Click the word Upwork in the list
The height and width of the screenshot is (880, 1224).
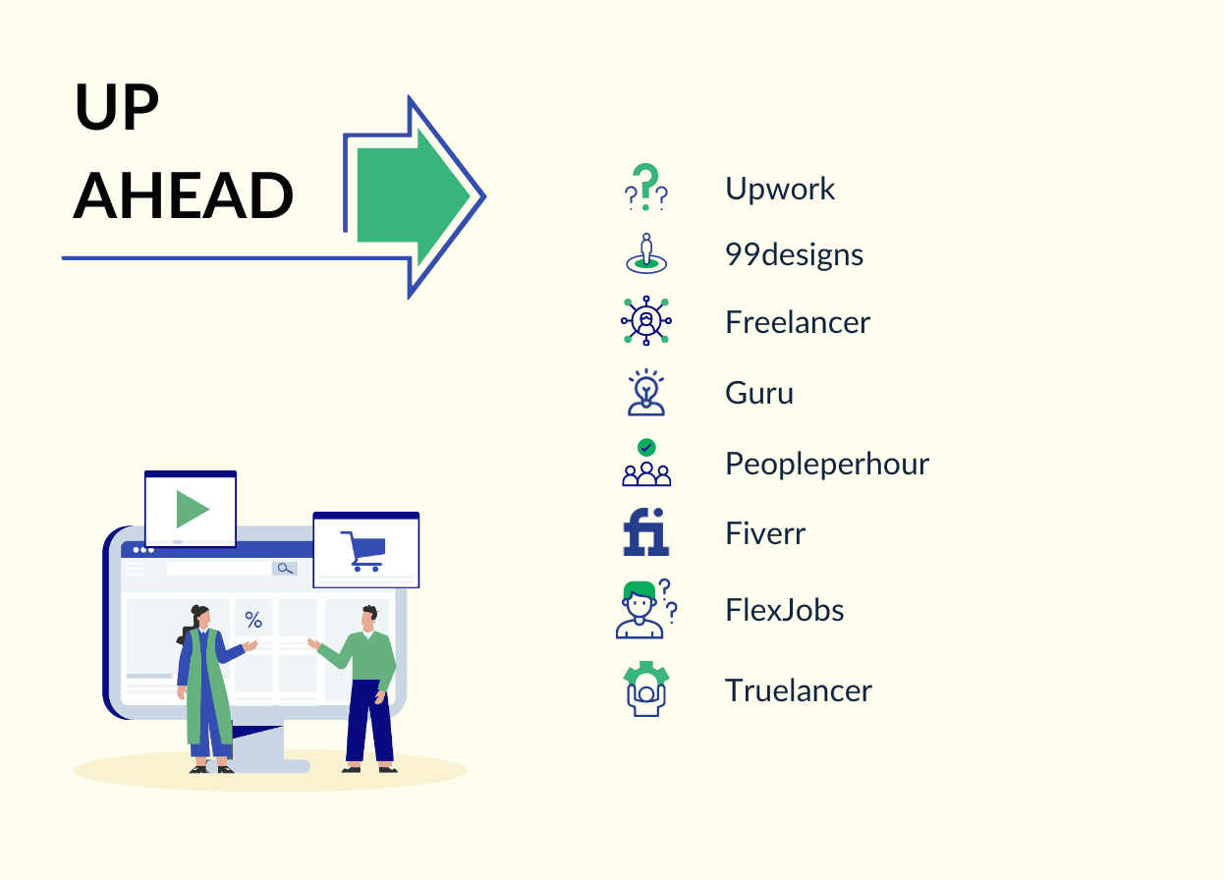[780, 189]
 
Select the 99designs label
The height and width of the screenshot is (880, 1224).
[794, 254]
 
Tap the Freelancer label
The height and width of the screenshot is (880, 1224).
[798, 322]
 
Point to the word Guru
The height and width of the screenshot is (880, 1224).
[759, 393]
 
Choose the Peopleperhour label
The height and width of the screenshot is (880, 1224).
[827, 464]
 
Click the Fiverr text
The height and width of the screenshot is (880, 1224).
[765, 533]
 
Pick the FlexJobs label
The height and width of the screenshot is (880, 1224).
[785, 610]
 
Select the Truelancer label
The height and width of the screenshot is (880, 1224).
[799, 689]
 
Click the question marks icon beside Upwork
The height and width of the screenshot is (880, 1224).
[645, 187]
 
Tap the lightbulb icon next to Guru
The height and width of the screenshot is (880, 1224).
[645, 392]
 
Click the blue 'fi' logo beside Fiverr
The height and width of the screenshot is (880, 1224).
[645, 532]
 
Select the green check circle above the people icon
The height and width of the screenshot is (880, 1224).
[646, 448]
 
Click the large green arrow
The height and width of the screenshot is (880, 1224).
[414, 196]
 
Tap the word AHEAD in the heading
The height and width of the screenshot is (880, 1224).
[183, 195]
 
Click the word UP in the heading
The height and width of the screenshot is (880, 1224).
[116, 106]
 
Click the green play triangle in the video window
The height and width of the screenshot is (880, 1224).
[193, 509]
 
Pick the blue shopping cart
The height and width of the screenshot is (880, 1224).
[363, 551]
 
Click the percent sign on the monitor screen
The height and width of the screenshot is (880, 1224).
[253, 620]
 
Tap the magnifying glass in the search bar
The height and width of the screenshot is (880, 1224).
[285, 569]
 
